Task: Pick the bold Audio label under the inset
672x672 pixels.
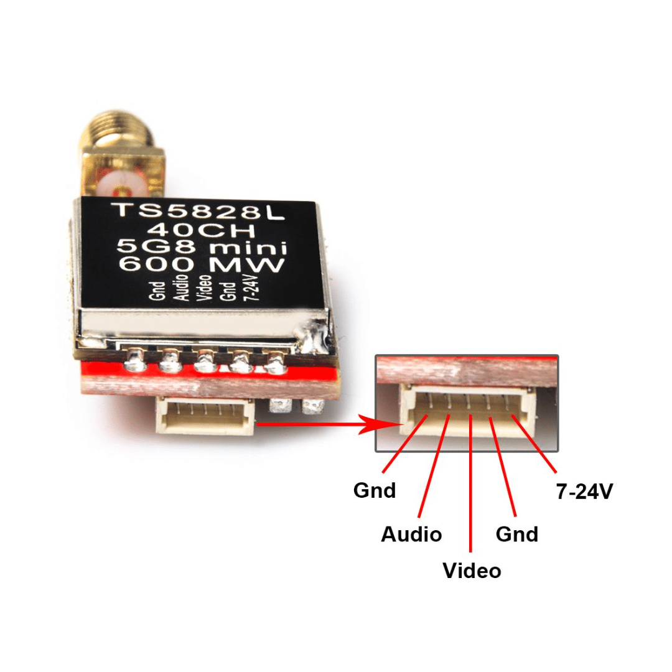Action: (x=411, y=534)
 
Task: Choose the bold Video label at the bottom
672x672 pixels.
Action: (x=472, y=571)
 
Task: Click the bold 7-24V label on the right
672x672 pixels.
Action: (x=584, y=492)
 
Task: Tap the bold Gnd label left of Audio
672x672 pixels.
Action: (x=375, y=490)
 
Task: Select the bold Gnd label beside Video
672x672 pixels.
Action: (x=517, y=534)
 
